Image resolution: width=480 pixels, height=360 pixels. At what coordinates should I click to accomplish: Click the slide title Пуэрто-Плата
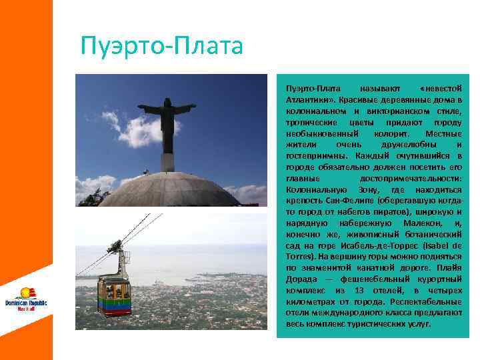pos(161,47)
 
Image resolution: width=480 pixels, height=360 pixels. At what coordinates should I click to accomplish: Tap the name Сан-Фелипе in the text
pos(339,201)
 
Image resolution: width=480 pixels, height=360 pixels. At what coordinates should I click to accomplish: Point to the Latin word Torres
pos(298,256)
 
